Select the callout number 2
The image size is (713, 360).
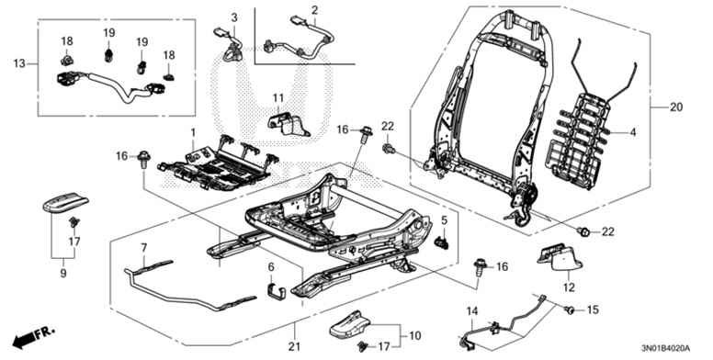[314, 11]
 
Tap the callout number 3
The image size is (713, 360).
[233, 17]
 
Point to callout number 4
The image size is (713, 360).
[632, 132]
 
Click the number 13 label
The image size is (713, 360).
[20, 63]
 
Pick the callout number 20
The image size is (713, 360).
[676, 107]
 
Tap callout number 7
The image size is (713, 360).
[144, 248]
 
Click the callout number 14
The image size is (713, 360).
[472, 312]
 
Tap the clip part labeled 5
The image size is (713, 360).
[440, 242]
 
